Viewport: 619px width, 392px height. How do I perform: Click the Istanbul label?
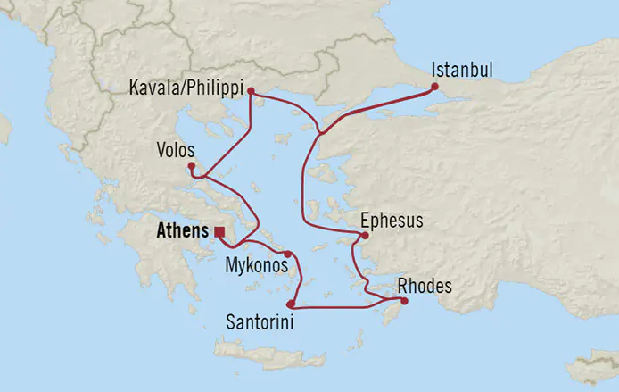click(x=461, y=69)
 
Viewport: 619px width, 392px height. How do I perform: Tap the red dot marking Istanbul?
click(x=434, y=87)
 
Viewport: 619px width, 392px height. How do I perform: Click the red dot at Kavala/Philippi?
click(x=252, y=91)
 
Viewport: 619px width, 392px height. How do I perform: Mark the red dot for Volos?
click(x=192, y=165)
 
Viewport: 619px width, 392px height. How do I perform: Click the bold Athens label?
click(x=182, y=231)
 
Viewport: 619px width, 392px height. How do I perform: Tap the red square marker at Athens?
click(x=219, y=231)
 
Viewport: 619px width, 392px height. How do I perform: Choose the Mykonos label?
click(x=255, y=266)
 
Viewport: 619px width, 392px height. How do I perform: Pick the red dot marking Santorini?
click(x=291, y=304)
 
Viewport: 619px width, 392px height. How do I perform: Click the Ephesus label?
click(x=392, y=221)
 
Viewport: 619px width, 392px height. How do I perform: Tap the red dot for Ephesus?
click(x=365, y=236)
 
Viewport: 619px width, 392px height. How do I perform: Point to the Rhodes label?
click(x=425, y=287)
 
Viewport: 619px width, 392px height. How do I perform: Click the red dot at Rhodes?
click(x=404, y=301)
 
